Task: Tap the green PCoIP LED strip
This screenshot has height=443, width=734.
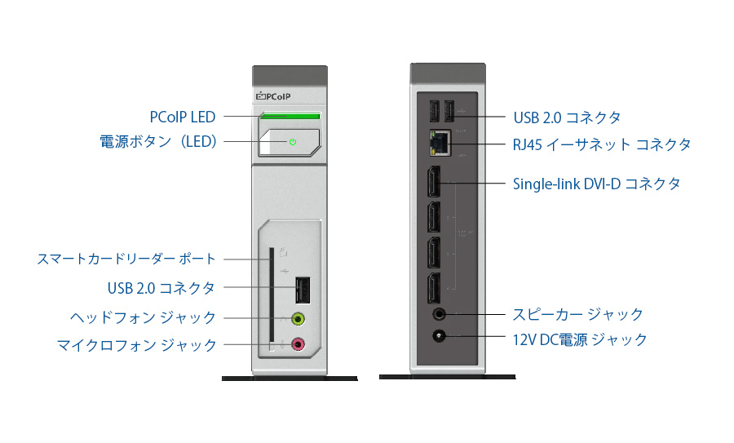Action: tap(290, 117)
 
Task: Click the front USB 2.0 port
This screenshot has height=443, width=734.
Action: tap(300, 289)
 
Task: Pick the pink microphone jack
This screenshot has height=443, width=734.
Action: tap(298, 344)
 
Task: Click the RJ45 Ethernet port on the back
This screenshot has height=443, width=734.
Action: tap(439, 144)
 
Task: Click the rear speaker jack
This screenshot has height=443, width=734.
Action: tap(440, 313)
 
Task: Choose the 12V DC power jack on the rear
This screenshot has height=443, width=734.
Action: tap(440, 336)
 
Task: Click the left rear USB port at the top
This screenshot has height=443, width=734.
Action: tap(433, 111)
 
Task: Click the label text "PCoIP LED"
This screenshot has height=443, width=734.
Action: tap(183, 117)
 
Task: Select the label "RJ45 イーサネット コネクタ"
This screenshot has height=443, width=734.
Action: tap(602, 144)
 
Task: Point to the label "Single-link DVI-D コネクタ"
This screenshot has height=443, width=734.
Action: tap(596, 184)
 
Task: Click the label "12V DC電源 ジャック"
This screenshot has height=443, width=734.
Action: tap(580, 339)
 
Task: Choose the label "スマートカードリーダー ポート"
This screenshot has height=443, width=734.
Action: tap(126, 259)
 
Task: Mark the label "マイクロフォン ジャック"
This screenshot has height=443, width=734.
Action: tap(137, 345)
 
